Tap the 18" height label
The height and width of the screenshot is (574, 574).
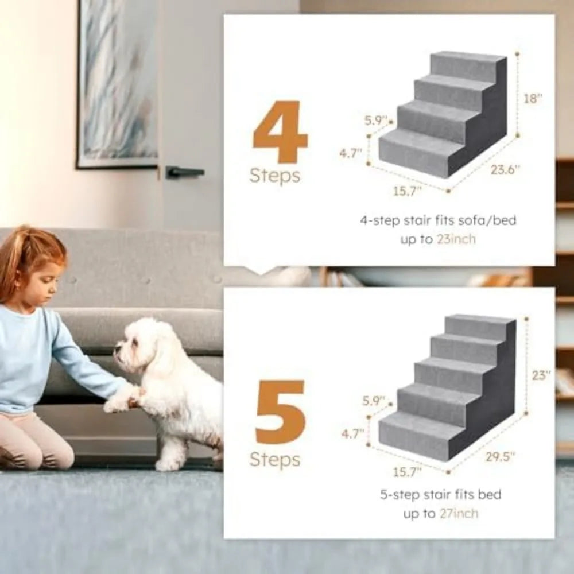click(533, 98)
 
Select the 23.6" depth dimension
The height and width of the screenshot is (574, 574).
click(505, 169)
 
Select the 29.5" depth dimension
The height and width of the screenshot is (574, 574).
click(500, 456)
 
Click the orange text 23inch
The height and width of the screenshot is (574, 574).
click(455, 239)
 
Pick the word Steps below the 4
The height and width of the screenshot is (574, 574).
click(275, 176)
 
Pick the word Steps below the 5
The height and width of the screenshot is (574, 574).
click(275, 459)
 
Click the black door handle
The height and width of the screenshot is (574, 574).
click(184, 172)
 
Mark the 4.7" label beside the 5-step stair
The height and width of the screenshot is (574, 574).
click(353, 434)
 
